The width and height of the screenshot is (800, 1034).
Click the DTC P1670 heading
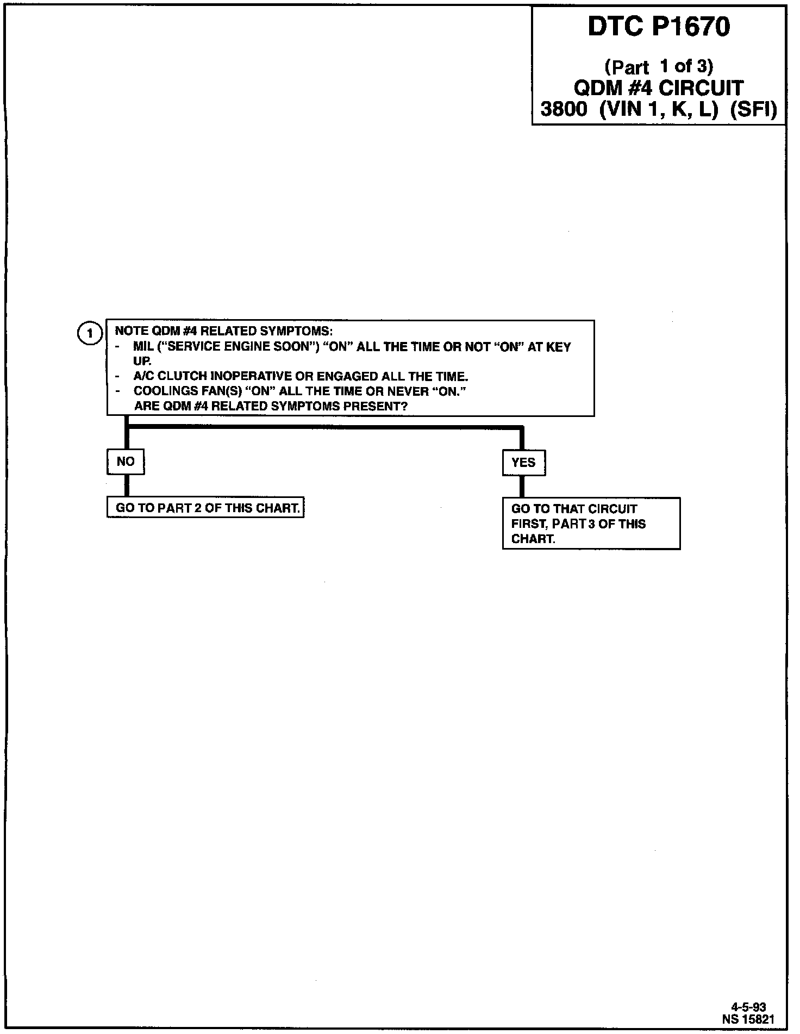(659, 27)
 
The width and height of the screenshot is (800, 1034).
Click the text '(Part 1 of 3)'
(659, 66)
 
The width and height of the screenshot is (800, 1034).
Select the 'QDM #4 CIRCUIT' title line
(659, 88)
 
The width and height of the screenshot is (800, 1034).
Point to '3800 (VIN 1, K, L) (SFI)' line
(659, 109)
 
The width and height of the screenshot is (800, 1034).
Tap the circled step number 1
(90, 333)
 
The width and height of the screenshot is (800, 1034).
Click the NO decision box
(126, 462)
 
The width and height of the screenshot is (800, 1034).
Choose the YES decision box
(523, 463)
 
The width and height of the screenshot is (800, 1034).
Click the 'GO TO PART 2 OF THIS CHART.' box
(205, 508)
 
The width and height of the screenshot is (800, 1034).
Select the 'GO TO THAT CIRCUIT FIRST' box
(591, 524)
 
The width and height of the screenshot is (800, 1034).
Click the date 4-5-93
(752, 1007)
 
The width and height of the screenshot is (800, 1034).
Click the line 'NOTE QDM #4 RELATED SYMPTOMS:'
(223, 331)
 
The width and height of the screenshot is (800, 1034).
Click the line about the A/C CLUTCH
(301, 376)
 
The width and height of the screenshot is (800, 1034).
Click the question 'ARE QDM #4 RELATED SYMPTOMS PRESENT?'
(271, 406)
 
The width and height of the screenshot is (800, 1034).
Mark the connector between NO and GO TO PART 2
(127, 485)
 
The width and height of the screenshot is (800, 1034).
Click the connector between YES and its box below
(522, 487)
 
